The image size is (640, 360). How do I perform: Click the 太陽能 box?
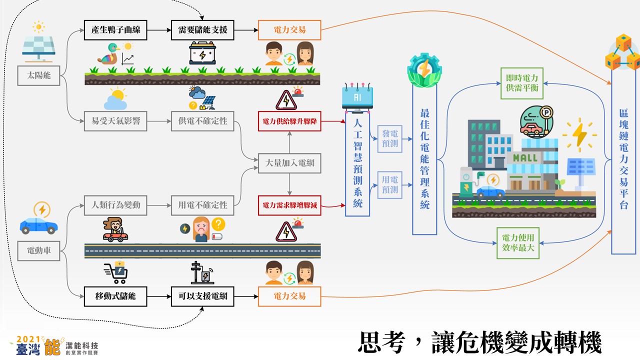(38, 75)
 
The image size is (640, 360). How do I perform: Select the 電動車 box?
(38, 251)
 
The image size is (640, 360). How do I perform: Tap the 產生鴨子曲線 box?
(115, 30)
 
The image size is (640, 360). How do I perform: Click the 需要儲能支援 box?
(202, 30)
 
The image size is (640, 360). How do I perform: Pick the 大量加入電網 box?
(289, 163)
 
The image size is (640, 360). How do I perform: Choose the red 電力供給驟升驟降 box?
(289, 121)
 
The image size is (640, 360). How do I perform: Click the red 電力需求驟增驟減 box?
(289, 205)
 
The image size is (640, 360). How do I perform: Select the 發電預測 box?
(389, 138)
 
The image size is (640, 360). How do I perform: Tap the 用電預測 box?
(389, 185)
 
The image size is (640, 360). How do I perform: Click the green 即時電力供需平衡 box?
(521, 83)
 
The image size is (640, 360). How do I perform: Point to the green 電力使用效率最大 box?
(517, 243)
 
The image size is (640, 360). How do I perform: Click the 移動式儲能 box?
(115, 296)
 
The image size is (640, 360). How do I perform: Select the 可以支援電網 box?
(202, 296)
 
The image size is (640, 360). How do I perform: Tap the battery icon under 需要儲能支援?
(202, 53)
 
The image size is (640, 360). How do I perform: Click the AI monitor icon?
(357, 97)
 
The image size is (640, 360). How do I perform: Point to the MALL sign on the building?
(525, 157)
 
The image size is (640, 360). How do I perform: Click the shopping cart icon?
(116, 272)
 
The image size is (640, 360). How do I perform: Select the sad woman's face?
(201, 228)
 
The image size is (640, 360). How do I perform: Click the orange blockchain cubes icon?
(623, 52)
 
